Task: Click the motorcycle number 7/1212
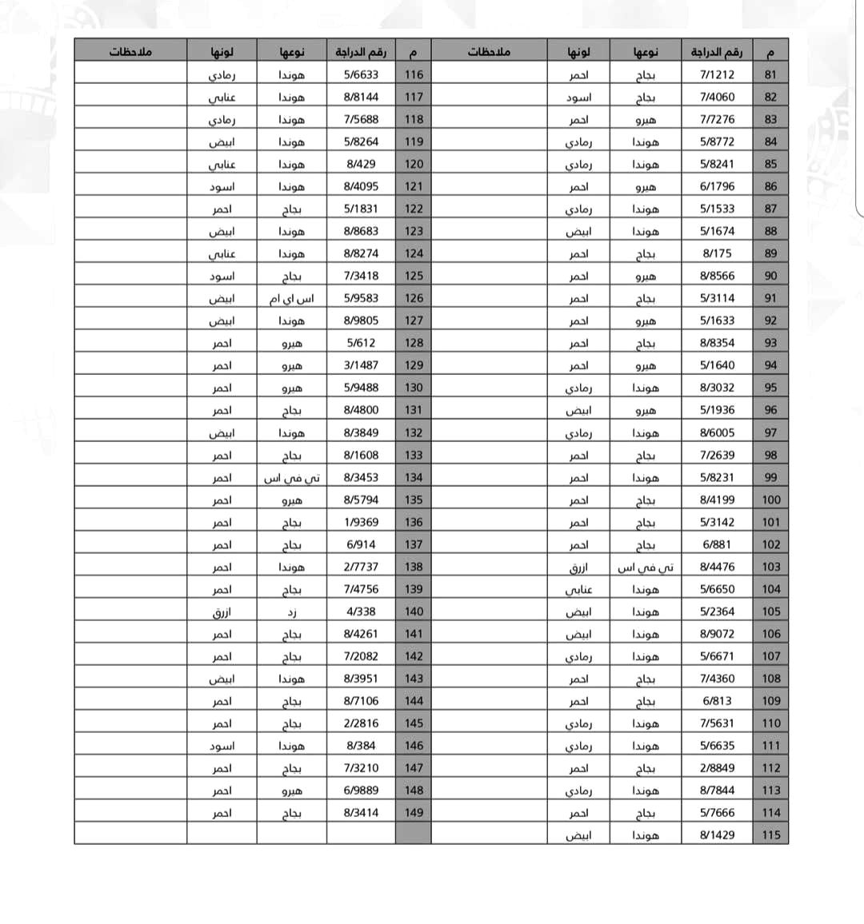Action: tap(717, 74)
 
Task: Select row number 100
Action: tap(770, 500)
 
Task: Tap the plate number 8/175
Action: tap(717, 253)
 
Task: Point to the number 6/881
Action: tap(717, 544)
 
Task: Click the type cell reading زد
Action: tap(291, 611)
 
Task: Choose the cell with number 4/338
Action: tap(361, 611)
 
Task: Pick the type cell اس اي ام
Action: tap(291, 298)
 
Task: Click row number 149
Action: tap(414, 812)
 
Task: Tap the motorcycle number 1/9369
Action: tap(361, 522)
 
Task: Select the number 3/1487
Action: tap(361, 365)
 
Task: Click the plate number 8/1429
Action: tap(717, 834)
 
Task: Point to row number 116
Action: tap(414, 74)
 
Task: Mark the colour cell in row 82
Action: tap(578, 97)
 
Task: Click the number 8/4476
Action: tap(717, 567)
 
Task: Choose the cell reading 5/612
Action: tap(361, 343)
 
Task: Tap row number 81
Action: tap(770, 74)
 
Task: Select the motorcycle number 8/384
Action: tap(361, 745)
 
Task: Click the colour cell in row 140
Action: tap(222, 611)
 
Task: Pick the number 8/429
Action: tap(361, 164)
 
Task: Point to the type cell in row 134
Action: tap(291, 477)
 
